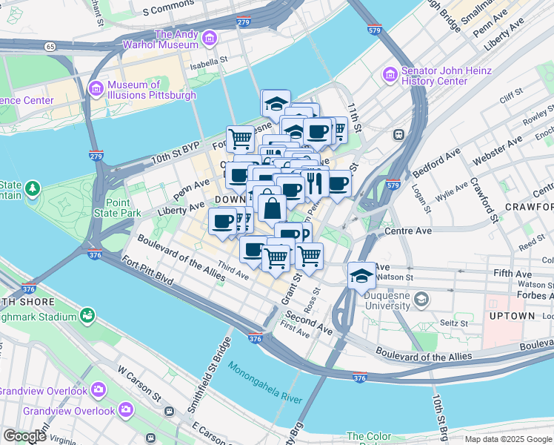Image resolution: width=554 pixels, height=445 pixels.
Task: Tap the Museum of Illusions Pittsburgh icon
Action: point(96,89)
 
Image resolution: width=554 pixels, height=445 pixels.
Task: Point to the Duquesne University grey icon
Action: point(421,300)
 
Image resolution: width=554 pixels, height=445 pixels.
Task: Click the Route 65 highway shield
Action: point(50,46)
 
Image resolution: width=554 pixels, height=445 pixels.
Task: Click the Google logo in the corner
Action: point(24,436)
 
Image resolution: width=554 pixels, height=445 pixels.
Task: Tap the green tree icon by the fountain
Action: point(32,188)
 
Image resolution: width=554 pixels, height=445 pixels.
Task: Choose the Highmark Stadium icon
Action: point(88,317)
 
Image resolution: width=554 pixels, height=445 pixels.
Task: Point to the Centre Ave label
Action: point(408,231)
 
